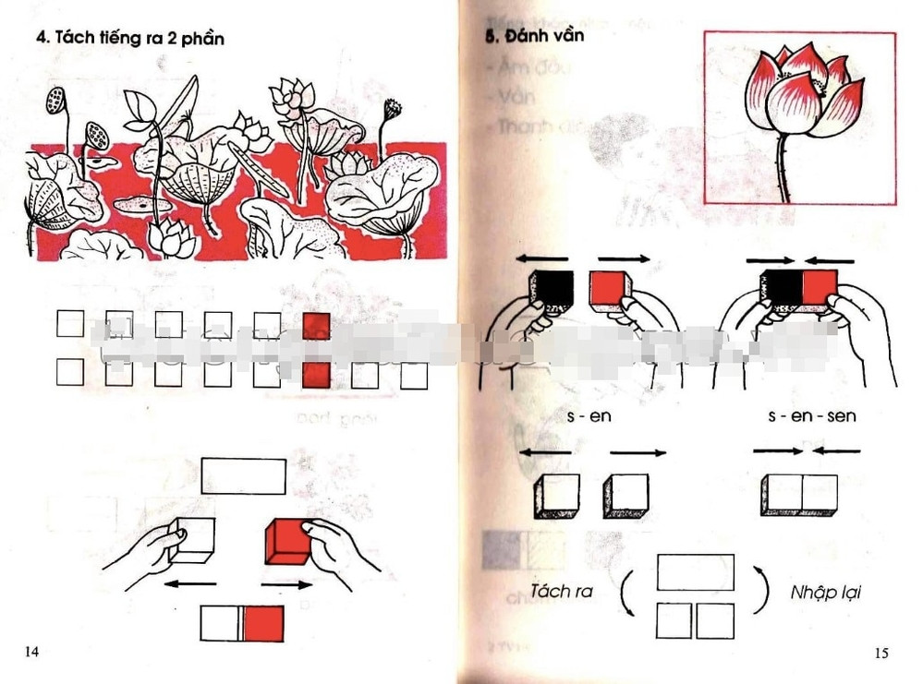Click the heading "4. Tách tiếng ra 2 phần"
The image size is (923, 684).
(129, 39)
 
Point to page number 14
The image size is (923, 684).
(31, 653)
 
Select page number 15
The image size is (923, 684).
(880, 654)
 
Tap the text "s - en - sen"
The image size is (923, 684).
(811, 416)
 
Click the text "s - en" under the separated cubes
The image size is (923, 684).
(589, 416)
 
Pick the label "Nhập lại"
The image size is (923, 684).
(820, 591)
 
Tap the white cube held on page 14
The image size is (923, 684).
(194, 540)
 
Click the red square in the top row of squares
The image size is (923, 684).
(316, 325)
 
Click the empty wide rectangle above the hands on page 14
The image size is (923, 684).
(244, 474)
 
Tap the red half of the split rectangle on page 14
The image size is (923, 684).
(264, 623)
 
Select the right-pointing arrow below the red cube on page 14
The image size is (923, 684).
(287, 585)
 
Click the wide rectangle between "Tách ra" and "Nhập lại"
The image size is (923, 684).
(695, 572)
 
